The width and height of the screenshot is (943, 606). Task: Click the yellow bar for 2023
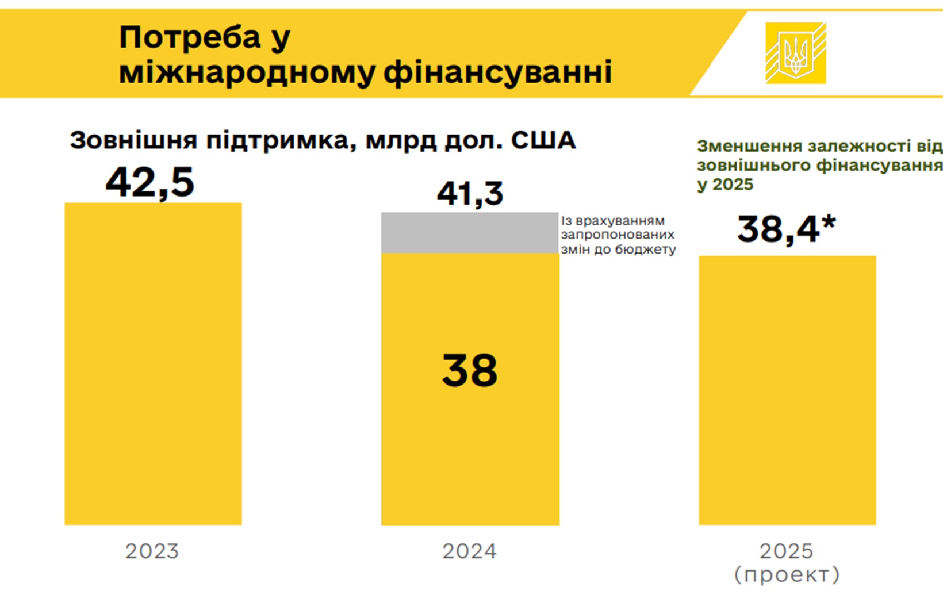point(153,363)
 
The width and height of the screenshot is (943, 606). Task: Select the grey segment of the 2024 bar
point(470,233)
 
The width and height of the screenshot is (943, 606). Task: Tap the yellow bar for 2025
point(787,390)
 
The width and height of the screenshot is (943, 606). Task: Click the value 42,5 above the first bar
point(150,183)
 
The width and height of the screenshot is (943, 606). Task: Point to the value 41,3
point(470,193)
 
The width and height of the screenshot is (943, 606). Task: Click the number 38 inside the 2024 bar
point(470,370)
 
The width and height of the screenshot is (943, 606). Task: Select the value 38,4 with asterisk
point(785,229)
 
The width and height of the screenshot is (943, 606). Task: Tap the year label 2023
point(152,551)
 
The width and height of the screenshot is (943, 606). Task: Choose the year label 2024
point(470,551)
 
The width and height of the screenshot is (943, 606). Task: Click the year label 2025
point(787,551)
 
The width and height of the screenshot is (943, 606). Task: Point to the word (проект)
point(787,574)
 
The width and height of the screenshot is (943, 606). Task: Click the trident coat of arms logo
point(796,53)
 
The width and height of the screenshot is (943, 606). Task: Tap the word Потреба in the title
point(190,38)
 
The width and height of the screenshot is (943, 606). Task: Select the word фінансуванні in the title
point(498,73)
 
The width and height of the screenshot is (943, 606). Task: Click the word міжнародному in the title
point(247,73)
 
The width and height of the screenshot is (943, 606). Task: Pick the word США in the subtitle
point(543,140)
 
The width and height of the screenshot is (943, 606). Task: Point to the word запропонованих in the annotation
point(618,235)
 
